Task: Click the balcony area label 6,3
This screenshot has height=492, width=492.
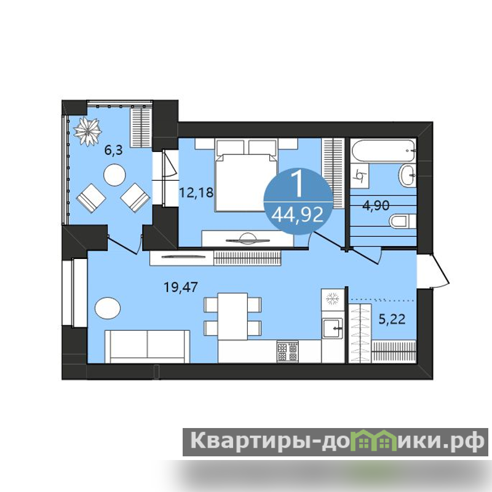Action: click(113, 151)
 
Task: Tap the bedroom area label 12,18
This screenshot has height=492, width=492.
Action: click(196, 192)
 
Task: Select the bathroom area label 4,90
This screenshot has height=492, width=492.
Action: click(376, 206)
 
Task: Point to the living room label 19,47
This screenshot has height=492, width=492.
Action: click(181, 287)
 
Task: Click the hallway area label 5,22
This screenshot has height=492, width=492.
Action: click(392, 319)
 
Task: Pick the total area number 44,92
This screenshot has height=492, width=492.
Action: click(297, 215)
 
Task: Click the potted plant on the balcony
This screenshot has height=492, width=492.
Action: click(87, 132)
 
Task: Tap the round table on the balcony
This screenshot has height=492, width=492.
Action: click(114, 175)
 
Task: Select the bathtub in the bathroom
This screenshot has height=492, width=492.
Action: click(384, 151)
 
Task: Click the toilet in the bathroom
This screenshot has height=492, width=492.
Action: click(403, 221)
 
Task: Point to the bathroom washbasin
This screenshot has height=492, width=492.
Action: click(408, 175)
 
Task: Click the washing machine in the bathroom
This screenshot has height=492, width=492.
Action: click(360, 176)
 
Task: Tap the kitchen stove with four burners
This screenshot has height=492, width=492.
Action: click(288, 351)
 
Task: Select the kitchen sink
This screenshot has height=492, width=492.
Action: click(333, 328)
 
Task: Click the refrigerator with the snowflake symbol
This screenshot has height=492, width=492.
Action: click(333, 299)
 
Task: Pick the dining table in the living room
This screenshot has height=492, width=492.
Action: click(233, 316)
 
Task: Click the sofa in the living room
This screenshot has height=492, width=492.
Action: click(147, 346)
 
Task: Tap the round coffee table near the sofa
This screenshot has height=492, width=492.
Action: click(108, 308)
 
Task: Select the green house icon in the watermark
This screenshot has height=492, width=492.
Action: click(375, 440)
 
